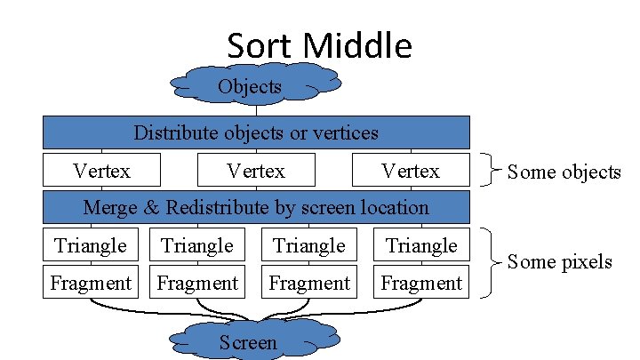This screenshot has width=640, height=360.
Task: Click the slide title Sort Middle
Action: (319, 44)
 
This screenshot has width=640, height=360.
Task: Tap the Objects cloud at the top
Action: (250, 86)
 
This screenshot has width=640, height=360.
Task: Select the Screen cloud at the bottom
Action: (248, 342)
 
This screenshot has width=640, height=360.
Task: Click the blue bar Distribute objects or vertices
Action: (256, 133)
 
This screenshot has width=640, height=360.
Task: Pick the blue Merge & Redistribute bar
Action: (256, 208)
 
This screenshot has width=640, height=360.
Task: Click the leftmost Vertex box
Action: (101, 170)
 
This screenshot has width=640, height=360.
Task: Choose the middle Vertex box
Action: (256, 170)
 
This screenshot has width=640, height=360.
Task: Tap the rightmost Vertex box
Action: (411, 170)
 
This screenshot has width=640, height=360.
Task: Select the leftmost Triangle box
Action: (91, 244)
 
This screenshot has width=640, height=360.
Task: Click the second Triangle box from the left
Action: (197, 244)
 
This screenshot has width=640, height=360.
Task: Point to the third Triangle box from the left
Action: (309, 244)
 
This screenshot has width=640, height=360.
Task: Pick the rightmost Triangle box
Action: (421, 244)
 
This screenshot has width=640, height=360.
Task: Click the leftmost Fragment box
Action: (91, 283)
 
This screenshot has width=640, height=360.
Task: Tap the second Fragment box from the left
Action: (197, 283)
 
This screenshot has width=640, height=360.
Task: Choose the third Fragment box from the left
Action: (309, 283)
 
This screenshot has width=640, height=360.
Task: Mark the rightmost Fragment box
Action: (421, 283)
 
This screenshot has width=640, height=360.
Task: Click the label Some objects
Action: (564, 172)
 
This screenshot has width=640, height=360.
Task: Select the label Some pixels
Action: (559, 261)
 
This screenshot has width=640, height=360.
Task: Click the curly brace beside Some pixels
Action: (490, 262)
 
